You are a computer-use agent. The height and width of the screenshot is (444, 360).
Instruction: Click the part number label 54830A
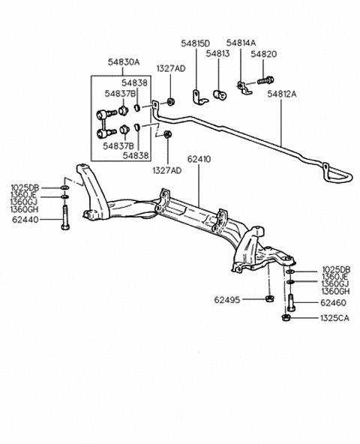click(x=124, y=62)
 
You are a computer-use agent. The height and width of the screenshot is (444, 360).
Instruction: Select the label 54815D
click(x=196, y=43)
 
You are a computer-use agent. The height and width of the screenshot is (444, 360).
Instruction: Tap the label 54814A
click(x=241, y=43)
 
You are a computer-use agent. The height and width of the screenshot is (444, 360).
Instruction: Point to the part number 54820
click(x=264, y=54)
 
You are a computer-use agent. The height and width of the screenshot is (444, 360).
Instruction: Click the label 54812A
click(x=282, y=94)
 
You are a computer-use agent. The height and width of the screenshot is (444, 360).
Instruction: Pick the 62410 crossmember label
click(x=199, y=159)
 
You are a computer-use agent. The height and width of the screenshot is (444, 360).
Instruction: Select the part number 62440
click(x=25, y=220)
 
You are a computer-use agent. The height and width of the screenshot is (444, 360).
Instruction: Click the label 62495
click(x=227, y=299)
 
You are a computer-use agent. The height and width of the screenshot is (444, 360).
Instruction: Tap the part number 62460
click(x=333, y=303)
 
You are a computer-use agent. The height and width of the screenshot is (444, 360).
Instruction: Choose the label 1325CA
click(x=334, y=318)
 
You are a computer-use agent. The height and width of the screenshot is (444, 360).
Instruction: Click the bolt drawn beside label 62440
click(x=65, y=217)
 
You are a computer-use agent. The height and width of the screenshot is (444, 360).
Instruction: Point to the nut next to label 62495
click(x=269, y=299)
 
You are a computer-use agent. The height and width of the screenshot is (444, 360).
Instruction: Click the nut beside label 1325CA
click(x=285, y=317)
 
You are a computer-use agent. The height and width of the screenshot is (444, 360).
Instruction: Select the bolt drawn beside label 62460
click(x=291, y=303)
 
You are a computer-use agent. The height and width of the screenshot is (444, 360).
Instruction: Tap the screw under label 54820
click(x=265, y=80)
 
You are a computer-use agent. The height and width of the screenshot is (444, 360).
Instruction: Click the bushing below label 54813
click(x=220, y=94)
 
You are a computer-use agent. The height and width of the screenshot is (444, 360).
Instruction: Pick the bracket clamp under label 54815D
click(x=199, y=97)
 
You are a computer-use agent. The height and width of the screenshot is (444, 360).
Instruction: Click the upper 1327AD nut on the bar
click(x=170, y=101)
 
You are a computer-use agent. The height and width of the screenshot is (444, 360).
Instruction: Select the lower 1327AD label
click(x=167, y=170)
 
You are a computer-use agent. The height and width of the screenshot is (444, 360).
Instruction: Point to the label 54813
click(x=217, y=53)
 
